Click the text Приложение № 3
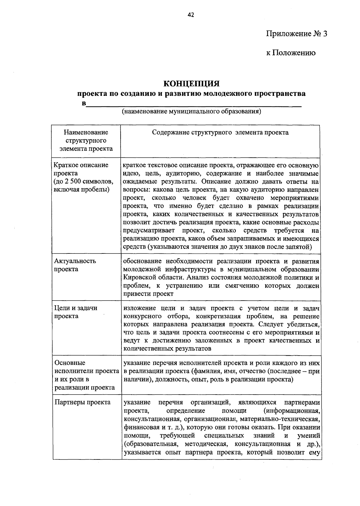click(x=296, y=34)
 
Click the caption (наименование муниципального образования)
click(x=191, y=112)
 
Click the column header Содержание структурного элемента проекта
click(x=220, y=132)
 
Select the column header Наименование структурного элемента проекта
click(x=86, y=140)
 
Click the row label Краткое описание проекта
click(x=81, y=169)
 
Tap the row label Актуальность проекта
click(x=75, y=265)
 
